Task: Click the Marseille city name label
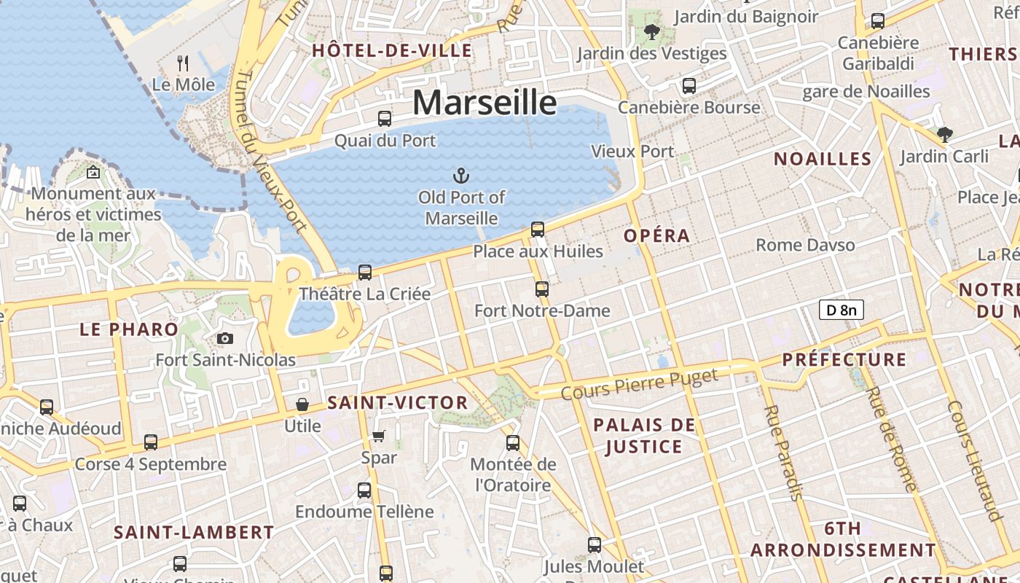click(x=484, y=103)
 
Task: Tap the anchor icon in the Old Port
click(x=460, y=176)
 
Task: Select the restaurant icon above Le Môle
click(x=183, y=63)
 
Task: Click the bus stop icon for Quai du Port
click(x=384, y=118)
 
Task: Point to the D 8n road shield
click(x=841, y=310)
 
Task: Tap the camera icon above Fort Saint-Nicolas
click(x=225, y=338)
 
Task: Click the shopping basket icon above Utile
click(x=302, y=404)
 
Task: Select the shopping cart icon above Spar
click(x=378, y=436)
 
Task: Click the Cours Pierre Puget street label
click(x=640, y=384)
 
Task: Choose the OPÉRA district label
click(x=656, y=235)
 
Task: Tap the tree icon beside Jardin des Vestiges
click(x=651, y=32)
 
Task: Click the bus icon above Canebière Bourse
click(x=688, y=85)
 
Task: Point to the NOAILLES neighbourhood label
click(x=823, y=159)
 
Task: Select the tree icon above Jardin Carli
click(x=944, y=134)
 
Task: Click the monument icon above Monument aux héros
click(x=93, y=173)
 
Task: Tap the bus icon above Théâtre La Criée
click(x=365, y=273)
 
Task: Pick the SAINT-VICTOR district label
click(x=397, y=402)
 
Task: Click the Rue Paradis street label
click(x=782, y=453)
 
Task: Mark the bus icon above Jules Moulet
click(x=595, y=544)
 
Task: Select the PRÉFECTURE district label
click(x=844, y=359)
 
